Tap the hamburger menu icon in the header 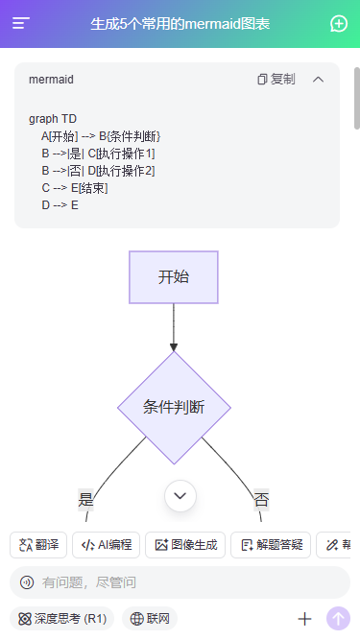[21, 24]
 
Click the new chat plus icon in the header [338, 24]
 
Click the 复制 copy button [276, 80]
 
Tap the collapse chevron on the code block [319, 80]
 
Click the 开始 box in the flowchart [174, 277]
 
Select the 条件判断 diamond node [174, 407]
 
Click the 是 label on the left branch [86, 499]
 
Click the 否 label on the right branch [261, 499]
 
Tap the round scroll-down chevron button [180, 495]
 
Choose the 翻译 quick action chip [37, 545]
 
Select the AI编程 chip [107, 545]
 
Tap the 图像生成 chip [184, 545]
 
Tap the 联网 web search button [150, 619]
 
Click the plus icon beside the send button [305, 619]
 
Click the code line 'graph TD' [53, 119]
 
